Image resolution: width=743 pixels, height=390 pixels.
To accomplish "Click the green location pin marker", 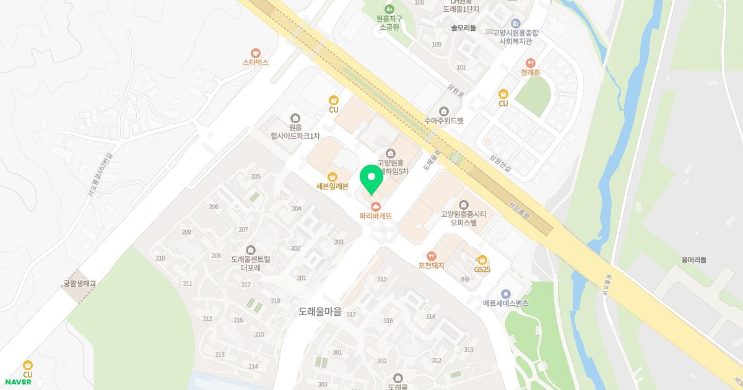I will (371, 179).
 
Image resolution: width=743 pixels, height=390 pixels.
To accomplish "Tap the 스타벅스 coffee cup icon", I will (256, 53).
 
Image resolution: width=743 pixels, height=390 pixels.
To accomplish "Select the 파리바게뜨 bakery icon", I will (375, 206).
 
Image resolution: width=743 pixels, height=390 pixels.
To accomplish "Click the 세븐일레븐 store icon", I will (333, 176).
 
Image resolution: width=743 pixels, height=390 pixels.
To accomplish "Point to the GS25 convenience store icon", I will (482, 259).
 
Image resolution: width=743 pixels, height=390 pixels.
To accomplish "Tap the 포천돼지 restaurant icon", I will (431, 256).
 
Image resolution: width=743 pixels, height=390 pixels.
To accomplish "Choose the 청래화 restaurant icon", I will (530, 63).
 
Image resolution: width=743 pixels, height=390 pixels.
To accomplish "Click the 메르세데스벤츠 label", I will (506, 303).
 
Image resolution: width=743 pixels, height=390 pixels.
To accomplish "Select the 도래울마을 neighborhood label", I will (319, 313).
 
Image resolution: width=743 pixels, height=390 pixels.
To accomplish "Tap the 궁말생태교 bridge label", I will (80, 284).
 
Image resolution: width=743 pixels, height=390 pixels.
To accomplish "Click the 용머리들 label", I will (693, 260).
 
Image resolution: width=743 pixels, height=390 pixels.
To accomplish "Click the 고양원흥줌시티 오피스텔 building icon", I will (464, 205).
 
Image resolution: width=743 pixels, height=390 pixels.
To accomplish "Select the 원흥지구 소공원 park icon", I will (389, 9).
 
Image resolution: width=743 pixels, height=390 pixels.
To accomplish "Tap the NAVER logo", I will (18, 382).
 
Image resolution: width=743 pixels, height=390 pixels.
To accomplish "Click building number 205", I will (256, 176).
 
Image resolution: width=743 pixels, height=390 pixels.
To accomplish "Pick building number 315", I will (381, 279).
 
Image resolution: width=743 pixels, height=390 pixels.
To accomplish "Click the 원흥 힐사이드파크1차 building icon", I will (295, 118).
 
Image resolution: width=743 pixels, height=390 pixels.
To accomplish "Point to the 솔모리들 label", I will (463, 28).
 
